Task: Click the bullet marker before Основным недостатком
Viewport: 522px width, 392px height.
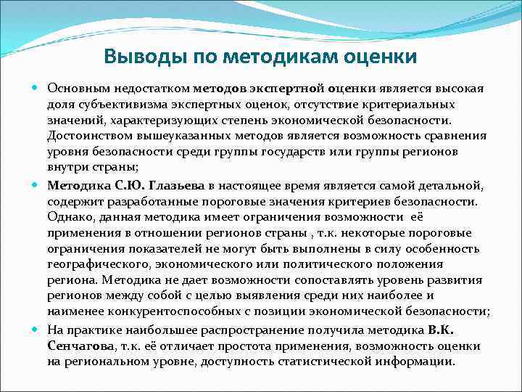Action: (37, 88)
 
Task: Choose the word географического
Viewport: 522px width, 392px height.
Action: (97, 266)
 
